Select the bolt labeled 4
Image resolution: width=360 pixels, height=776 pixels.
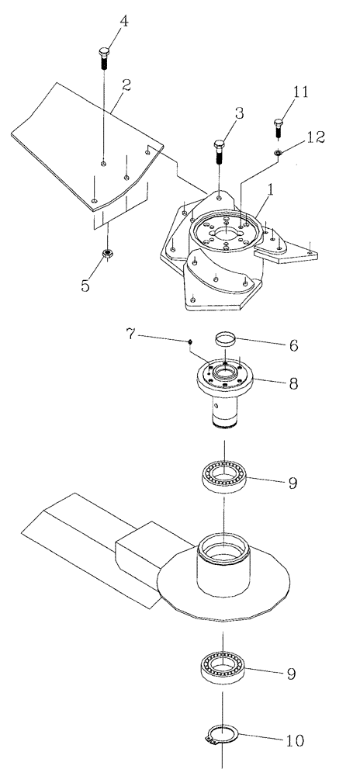tap(105, 58)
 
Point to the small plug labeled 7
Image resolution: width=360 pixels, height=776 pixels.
tap(190, 341)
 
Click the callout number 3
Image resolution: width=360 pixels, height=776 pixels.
tap(239, 113)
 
